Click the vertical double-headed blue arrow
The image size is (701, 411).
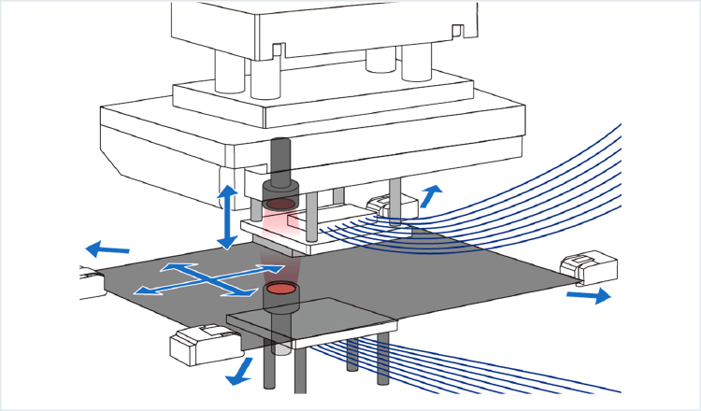point(226,217)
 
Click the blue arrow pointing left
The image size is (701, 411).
point(107,250)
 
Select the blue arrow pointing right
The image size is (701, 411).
point(588,295)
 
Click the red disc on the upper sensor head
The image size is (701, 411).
point(279,203)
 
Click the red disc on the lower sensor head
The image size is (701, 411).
point(279,290)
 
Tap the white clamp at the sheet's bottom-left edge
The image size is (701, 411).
point(201,345)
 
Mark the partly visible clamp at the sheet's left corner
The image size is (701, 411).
point(91,281)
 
